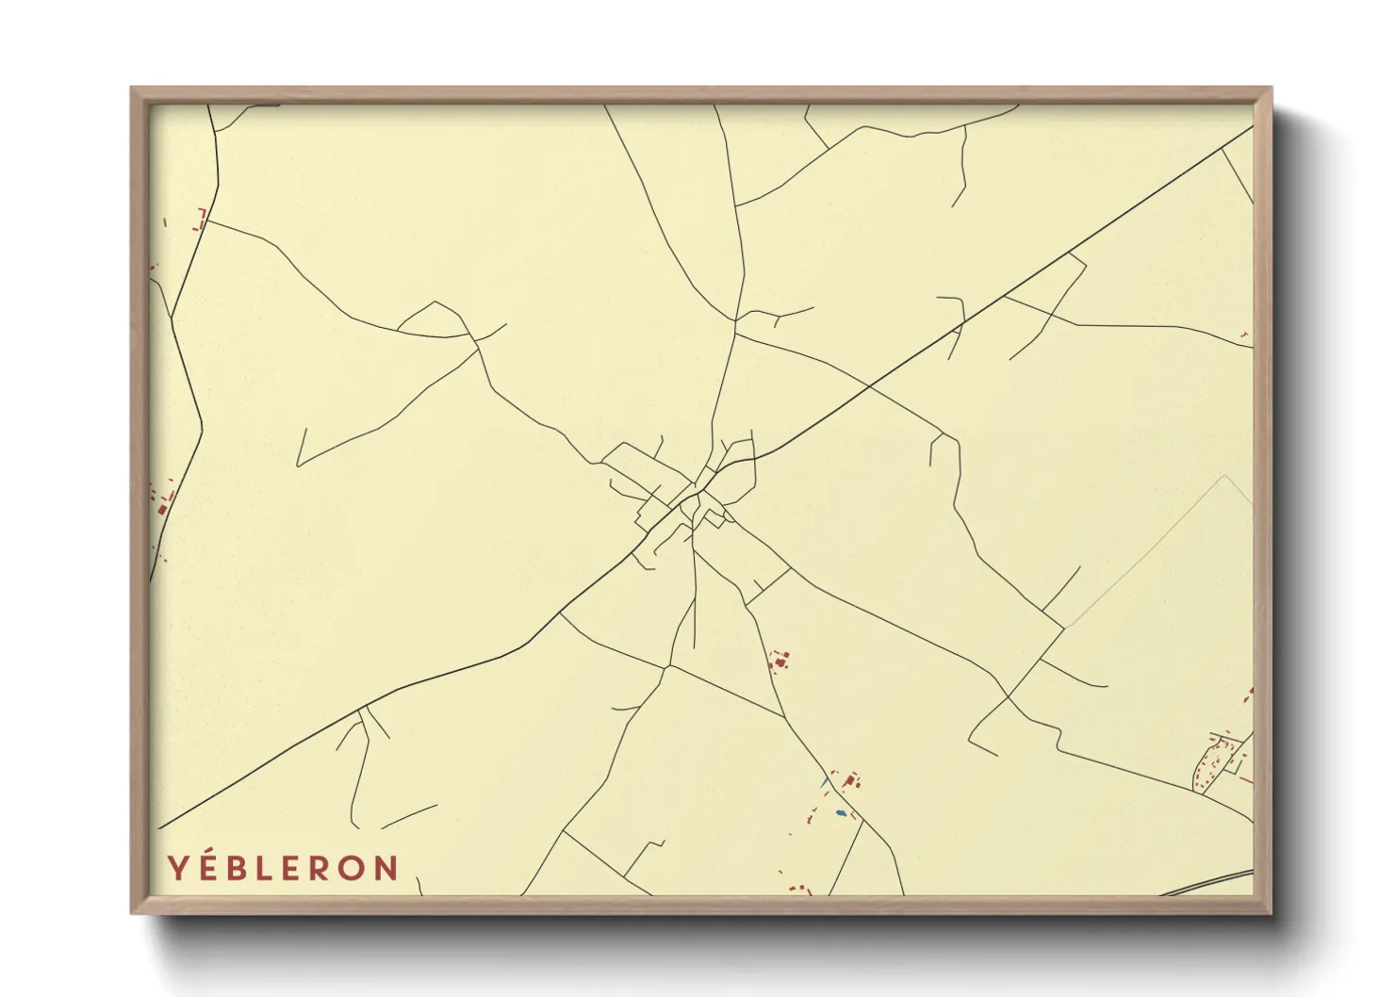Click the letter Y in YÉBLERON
point(176,868)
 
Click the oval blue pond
point(841,812)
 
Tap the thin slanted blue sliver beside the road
point(824,781)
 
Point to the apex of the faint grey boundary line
point(1224,476)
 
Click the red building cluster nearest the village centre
point(779,662)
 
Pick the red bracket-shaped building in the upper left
point(200,220)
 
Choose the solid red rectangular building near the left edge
point(162,509)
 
